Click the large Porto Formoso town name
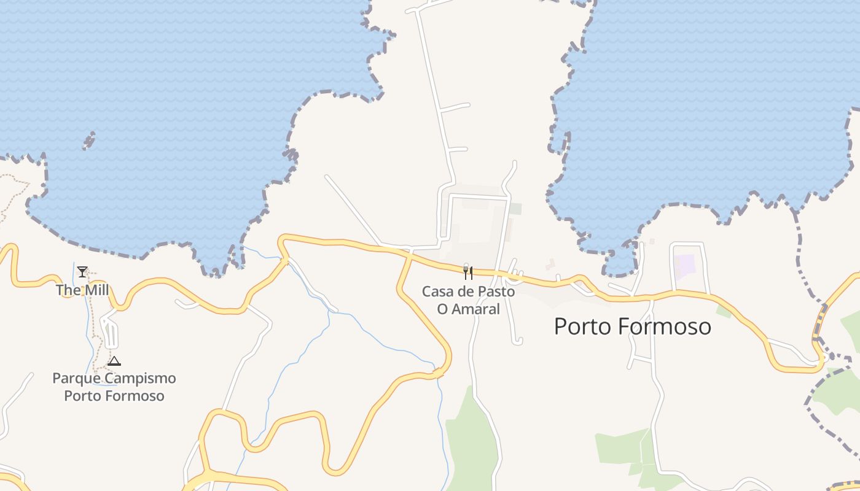[632, 327]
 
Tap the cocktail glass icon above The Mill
[82, 271]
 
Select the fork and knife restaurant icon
[468, 273]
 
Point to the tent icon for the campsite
[114, 361]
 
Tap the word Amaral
[477, 309]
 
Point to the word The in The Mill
[67, 290]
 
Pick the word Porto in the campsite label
[82, 395]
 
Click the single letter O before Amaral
[442, 309]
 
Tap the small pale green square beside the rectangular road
[515, 209]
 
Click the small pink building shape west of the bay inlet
[550, 264]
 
